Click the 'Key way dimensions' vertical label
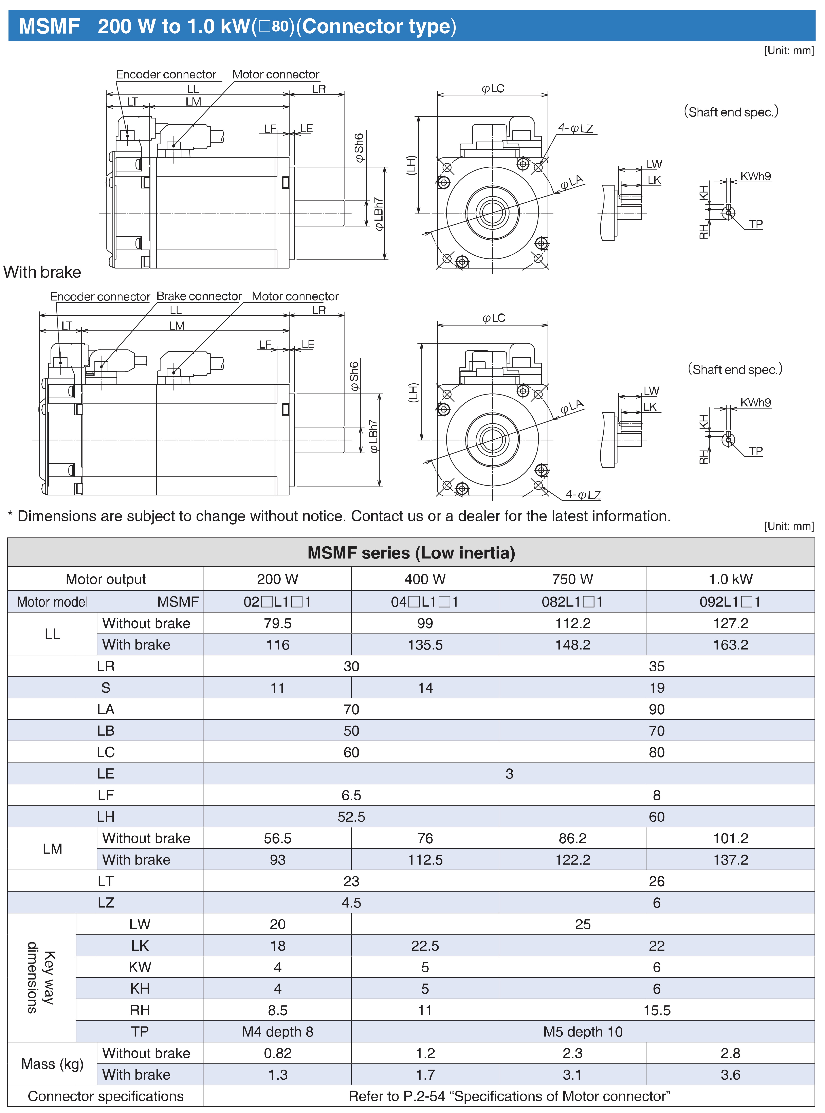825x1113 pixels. point(41,977)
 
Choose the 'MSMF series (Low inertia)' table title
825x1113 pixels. point(411,553)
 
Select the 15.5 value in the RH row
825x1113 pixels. point(657,1010)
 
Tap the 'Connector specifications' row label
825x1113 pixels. point(105,1096)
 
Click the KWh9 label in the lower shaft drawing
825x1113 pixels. point(755,402)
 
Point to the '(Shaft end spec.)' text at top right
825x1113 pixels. point(731,112)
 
